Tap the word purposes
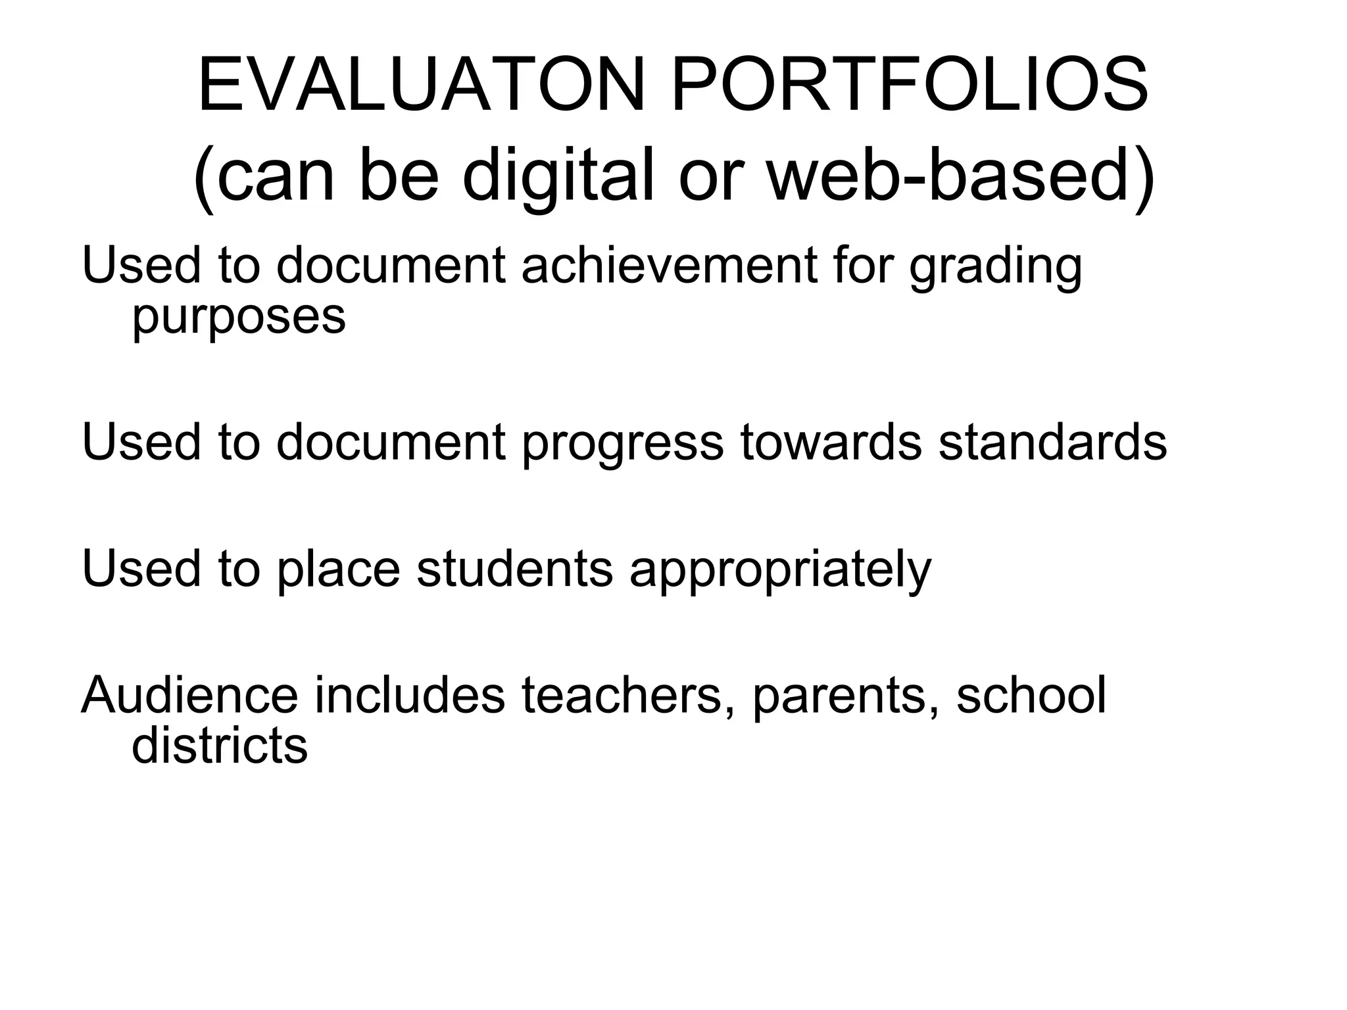pos(239,318)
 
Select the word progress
pos(622,443)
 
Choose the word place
pos(338,569)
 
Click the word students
pos(514,568)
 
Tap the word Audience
pos(189,695)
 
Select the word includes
pos(410,695)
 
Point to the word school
pos(1031,695)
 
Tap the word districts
pos(220,746)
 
